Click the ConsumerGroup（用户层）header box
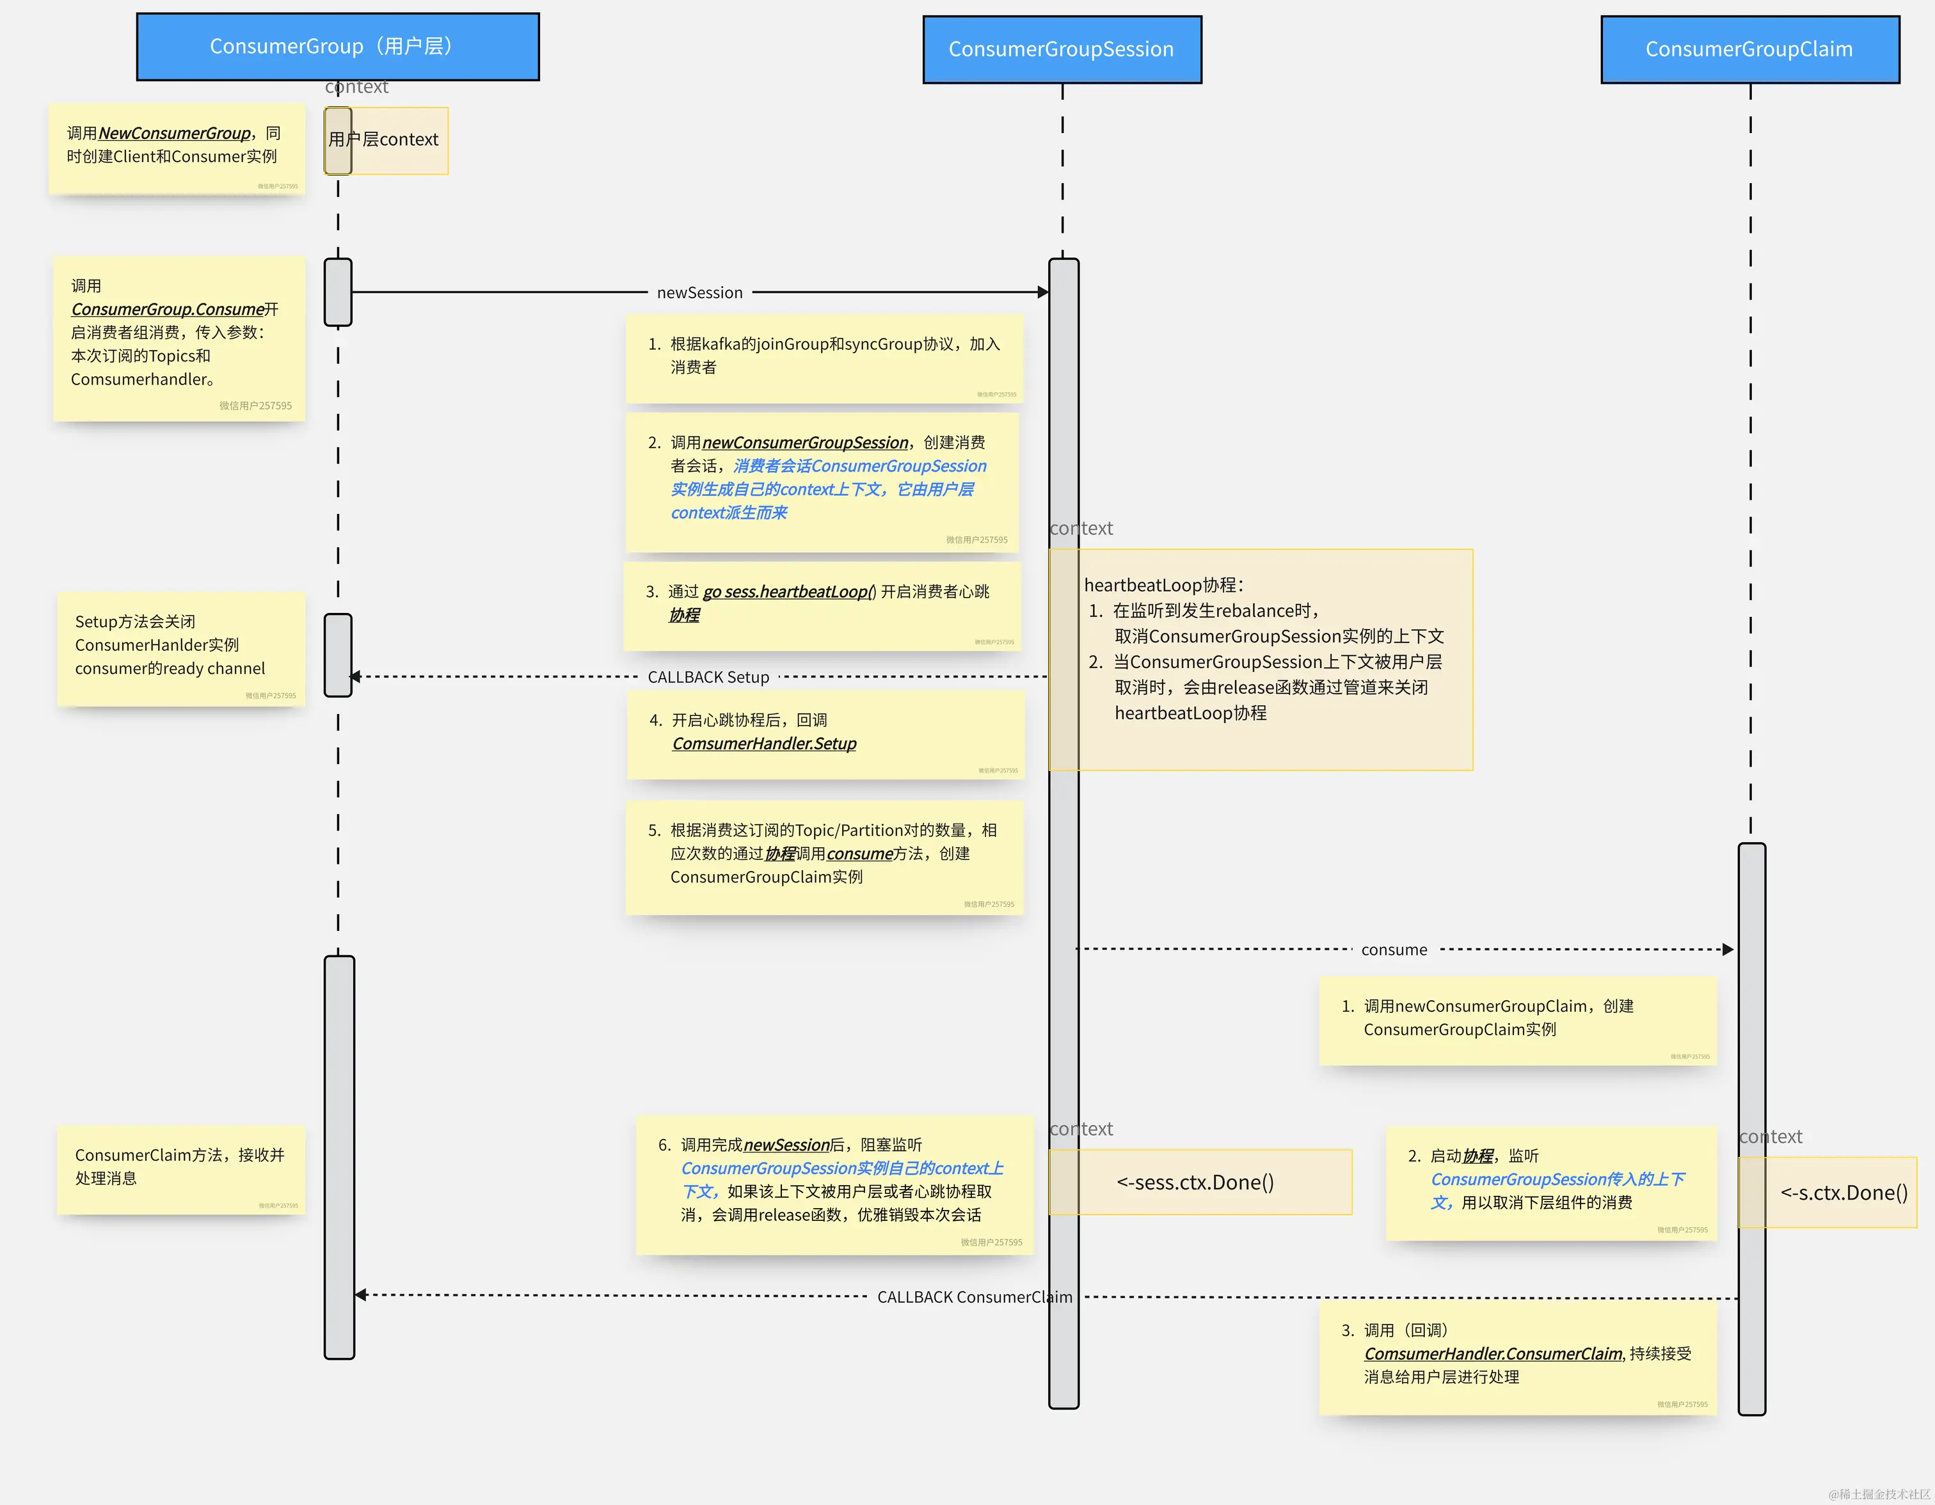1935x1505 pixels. coord(338,47)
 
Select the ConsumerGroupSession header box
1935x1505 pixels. coord(1062,50)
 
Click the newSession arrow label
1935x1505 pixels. coord(700,292)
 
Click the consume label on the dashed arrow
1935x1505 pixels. coord(1394,950)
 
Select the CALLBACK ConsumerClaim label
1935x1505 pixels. coord(974,1297)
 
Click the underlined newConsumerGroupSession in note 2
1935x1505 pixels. coord(804,442)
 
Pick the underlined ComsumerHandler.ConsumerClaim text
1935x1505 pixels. coord(1493,1353)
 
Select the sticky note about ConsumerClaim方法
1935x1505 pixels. coord(180,1168)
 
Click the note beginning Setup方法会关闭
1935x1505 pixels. coord(180,648)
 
